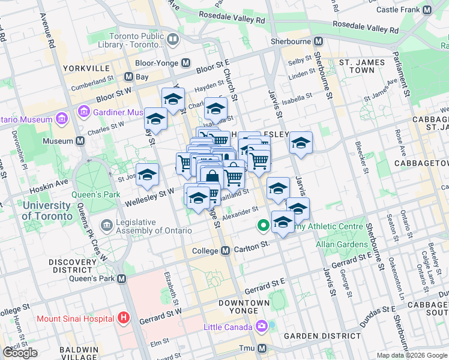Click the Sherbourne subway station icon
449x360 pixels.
(x=318, y=41)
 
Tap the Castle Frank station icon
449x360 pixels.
(x=427, y=10)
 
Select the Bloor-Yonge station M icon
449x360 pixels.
(x=185, y=62)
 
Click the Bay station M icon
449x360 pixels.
(x=128, y=77)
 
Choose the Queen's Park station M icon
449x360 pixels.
(x=122, y=278)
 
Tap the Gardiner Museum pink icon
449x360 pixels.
(x=84, y=112)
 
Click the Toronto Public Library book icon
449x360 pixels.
(x=173, y=40)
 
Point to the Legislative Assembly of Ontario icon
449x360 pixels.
(x=106, y=226)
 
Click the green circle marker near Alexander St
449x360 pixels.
(x=262, y=226)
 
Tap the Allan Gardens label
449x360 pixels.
(x=342, y=244)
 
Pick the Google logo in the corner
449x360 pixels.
(x=20, y=353)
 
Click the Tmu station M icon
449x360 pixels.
(x=262, y=348)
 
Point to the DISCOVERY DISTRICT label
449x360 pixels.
(x=73, y=266)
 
